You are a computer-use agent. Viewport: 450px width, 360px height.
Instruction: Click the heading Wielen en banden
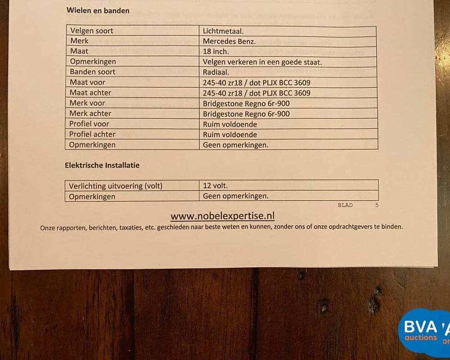[98, 10]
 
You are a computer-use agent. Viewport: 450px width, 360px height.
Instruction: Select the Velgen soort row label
[91, 31]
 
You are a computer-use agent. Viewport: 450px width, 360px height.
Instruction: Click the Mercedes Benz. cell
[229, 41]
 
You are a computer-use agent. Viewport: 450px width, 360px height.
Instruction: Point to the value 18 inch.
[216, 52]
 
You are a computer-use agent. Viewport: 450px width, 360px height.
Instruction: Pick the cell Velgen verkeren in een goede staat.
[262, 62]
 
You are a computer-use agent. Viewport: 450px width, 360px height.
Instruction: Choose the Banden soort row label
[92, 72]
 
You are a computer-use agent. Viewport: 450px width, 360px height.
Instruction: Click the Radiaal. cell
[216, 72]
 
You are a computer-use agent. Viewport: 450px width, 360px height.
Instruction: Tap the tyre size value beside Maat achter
[256, 93]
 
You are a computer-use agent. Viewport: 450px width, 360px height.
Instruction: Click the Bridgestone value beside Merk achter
[246, 114]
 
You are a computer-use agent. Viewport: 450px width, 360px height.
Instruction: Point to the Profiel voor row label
[89, 124]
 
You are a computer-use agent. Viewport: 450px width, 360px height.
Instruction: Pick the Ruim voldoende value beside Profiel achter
[230, 135]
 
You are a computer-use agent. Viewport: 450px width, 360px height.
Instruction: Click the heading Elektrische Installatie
[102, 165]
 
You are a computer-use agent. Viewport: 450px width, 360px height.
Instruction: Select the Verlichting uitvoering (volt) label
[116, 186]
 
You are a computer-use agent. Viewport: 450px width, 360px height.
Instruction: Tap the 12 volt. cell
[216, 186]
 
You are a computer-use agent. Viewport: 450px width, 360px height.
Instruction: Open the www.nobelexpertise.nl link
[222, 216]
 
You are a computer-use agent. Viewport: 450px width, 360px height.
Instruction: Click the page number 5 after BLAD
[377, 205]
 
